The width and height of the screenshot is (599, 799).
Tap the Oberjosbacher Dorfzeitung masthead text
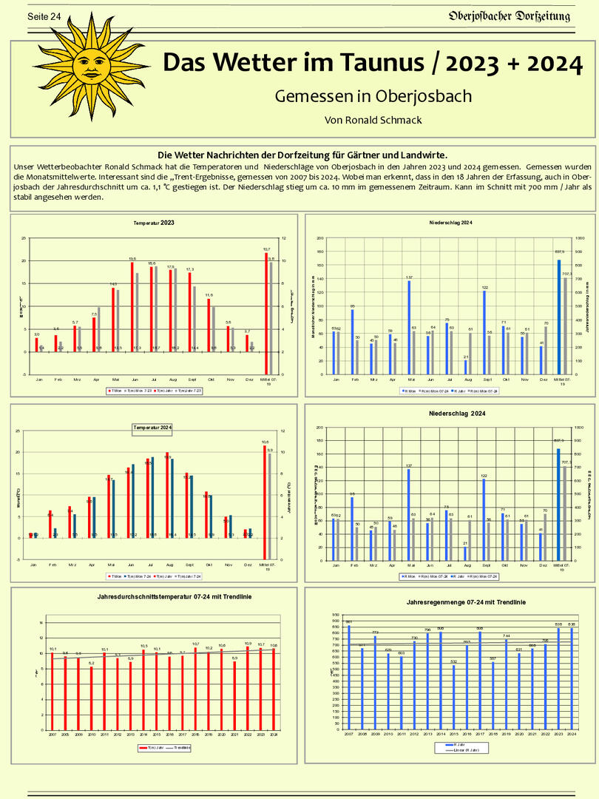(510, 16)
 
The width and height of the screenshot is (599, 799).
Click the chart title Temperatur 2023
(154, 223)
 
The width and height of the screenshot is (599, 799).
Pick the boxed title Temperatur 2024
(152, 427)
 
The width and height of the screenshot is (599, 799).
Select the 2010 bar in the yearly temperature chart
(92, 698)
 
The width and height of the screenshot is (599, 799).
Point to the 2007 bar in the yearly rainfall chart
(349, 678)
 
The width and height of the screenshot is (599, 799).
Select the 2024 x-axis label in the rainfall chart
(571, 734)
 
